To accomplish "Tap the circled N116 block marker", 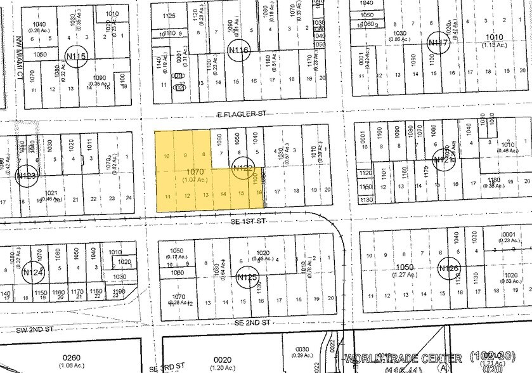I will point(238,49).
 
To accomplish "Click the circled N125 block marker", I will point(245,277).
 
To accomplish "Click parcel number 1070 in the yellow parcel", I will point(194,171).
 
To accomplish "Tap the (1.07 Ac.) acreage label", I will point(194,180).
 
